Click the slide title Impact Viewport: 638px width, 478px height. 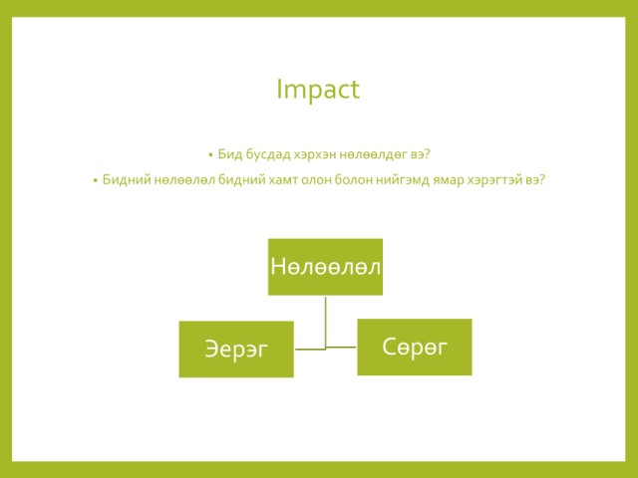(x=318, y=90)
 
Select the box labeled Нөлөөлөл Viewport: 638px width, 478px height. (x=326, y=267)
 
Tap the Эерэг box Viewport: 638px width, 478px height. (x=236, y=350)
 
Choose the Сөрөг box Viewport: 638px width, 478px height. (x=415, y=348)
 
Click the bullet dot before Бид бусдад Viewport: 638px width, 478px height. (x=210, y=155)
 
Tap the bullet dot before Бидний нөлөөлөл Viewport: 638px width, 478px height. (x=96, y=180)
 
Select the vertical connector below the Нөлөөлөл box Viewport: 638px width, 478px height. (x=326, y=323)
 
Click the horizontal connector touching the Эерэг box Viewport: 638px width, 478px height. (x=310, y=350)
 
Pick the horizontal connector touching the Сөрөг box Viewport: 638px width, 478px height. (x=341, y=348)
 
